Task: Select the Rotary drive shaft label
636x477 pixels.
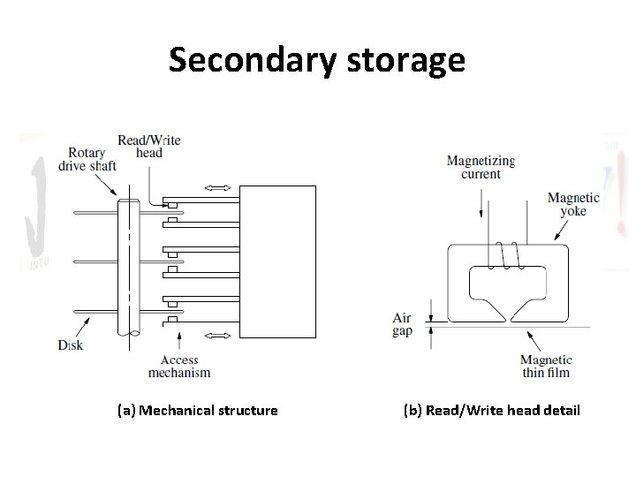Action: (x=87, y=161)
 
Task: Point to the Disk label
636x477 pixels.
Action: (x=71, y=344)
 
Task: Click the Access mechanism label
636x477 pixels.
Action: (x=185, y=366)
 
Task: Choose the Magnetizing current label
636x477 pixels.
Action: (x=481, y=167)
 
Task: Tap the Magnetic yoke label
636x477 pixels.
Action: (x=572, y=205)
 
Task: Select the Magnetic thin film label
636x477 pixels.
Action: (x=545, y=366)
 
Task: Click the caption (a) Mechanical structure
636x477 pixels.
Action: (x=198, y=410)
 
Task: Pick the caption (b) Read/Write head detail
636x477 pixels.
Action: (x=491, y=410)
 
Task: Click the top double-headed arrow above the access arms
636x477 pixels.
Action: (x=216, y=188)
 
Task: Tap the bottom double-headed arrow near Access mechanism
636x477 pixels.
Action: (x=216, y=336)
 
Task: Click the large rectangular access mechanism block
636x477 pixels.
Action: (x=278, y=261)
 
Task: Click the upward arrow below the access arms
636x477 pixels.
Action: (x=179, y=340)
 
